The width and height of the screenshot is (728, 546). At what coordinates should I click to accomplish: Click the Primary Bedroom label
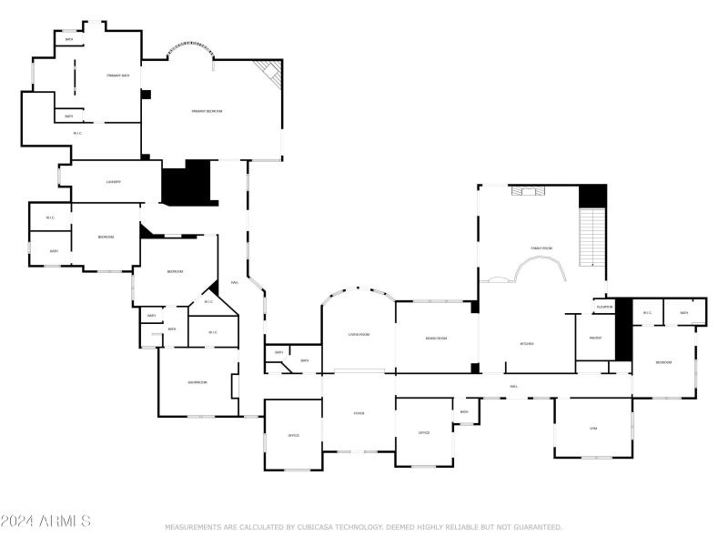207,111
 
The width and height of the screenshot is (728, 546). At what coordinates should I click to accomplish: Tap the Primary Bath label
117,76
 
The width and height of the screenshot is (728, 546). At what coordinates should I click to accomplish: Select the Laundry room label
114,182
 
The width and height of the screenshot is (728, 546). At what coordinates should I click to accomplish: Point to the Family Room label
542,248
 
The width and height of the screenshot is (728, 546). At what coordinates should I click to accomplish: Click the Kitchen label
526,344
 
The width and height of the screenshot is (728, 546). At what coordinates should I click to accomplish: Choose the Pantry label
595,338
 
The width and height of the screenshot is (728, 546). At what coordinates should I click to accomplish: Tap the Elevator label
604,308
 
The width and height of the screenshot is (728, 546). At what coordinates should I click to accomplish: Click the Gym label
593,428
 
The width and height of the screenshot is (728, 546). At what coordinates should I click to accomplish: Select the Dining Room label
436,339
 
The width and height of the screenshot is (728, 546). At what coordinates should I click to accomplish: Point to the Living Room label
359,335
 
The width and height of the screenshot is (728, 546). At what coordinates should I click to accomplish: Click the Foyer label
359,414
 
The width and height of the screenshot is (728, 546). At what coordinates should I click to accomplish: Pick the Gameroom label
197,382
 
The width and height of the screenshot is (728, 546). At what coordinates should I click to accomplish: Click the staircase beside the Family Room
592,238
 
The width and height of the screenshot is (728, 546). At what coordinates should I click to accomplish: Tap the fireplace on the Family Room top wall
526,191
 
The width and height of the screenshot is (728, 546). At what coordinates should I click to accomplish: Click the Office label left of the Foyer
294,436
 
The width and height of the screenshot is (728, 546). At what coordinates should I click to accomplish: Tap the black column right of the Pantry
623,330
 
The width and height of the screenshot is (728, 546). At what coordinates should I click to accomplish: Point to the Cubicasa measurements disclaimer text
363,527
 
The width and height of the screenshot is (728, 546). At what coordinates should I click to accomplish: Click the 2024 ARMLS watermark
45,521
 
